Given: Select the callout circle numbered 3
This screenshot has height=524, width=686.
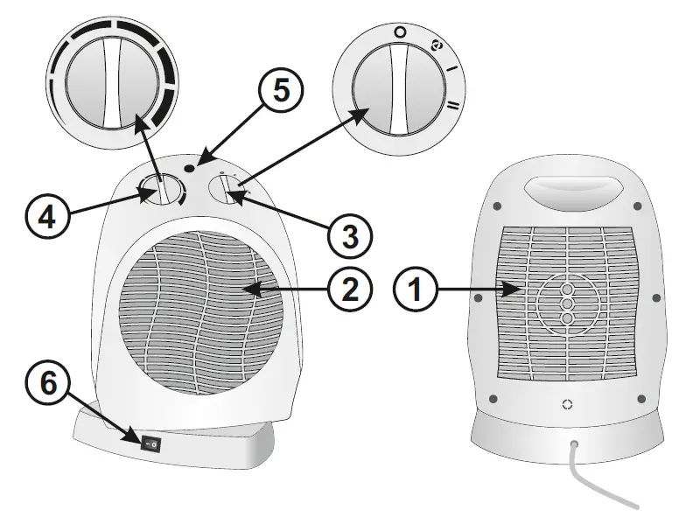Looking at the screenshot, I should (x=348, y=234).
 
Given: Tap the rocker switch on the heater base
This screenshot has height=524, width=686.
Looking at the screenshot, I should (x=152, y=444).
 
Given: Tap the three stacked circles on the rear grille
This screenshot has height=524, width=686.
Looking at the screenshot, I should (x=567, y=304).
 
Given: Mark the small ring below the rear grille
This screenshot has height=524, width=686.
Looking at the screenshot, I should (x=567, y=404).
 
